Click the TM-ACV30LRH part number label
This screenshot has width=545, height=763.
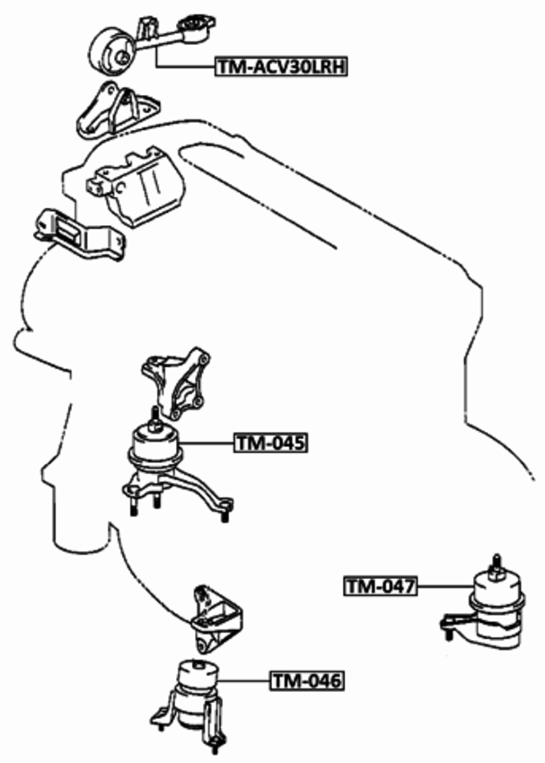click(x=282, y=66)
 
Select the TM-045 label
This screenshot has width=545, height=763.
click(x=270, y=443)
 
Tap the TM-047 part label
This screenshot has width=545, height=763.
click(x=381, y=587)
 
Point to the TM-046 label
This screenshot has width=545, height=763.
click(x=306, y=682)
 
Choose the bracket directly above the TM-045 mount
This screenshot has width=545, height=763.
click(x=176, y=386)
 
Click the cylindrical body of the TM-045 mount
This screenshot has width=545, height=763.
click(x=155, y=446)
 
